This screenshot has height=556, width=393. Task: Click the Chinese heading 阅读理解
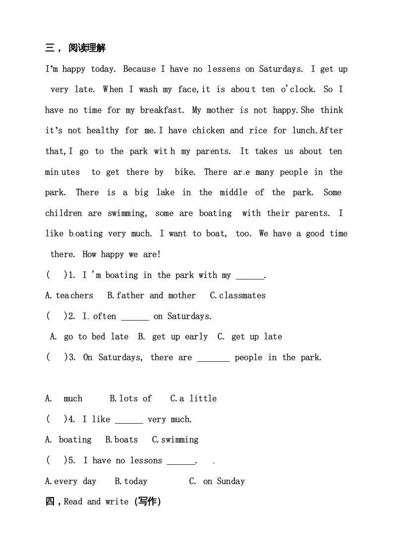point(87,48)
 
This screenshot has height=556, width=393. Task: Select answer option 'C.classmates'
point(237,295)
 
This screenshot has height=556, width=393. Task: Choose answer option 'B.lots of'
point(130,398)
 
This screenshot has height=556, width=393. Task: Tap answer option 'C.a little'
point(193,398)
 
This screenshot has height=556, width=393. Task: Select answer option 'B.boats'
point(121,440)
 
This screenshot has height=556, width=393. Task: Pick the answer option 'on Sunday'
point(224,481)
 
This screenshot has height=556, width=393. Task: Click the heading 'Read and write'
point(96,501)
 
